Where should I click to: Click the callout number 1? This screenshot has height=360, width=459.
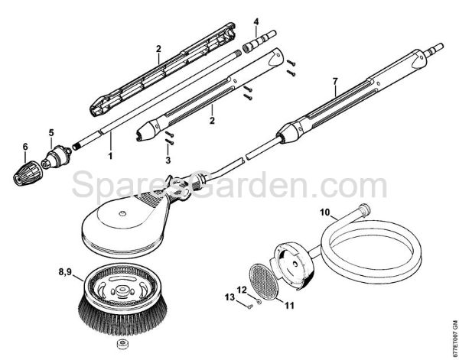point(110,155)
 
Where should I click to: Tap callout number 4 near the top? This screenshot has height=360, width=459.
point(256,21)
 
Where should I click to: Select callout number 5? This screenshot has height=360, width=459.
point(51,131)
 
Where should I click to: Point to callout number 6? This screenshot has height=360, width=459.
point(24,147)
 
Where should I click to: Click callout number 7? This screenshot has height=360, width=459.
point(334,80)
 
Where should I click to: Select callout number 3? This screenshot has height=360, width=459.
point(168,161)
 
